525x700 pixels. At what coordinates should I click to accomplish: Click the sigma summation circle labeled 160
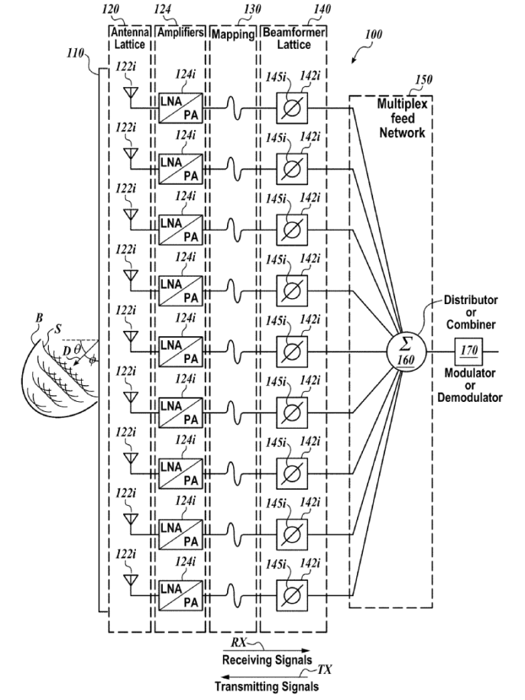click(406, 352)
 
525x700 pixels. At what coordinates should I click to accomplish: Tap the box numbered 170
click(468, 352)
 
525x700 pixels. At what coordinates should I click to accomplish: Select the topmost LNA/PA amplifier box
click(180, 108)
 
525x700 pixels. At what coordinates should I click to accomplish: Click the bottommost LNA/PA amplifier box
click(180, 595)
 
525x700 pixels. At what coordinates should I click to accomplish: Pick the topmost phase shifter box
click(291, 108)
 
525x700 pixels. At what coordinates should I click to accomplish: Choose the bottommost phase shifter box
click(291, 595)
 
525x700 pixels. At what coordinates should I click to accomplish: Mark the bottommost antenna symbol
click(131, 580)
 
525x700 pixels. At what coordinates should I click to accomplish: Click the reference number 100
click(374, 34)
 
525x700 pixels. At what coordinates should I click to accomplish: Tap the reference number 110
click(75, 53)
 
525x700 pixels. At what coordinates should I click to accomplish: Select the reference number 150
click(423, 79)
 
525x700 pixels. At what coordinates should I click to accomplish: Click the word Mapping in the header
click(232, 34)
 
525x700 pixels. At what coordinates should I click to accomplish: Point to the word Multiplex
click(402, 104)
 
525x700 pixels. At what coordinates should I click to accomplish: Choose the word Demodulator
click(470, 397)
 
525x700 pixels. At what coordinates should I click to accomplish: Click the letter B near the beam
click(39, 318)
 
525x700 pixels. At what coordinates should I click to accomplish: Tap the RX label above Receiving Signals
click(239, 643)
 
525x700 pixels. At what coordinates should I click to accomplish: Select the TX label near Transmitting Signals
click(325, 669)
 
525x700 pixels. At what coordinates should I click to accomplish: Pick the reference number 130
click(252, 9)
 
